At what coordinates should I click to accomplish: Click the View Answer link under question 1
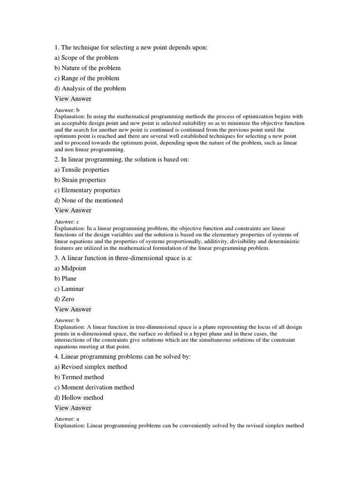[73, 99]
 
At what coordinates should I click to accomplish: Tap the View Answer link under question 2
[73, 210]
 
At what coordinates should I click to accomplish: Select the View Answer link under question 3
[73, 309]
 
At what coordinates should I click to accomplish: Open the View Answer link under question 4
[73, 408]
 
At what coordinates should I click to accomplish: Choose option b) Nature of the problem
[87, 68]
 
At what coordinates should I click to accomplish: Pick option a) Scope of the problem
[86, 58]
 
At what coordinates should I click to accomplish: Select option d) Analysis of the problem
[90, 89]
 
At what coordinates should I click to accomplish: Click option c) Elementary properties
[87, 190]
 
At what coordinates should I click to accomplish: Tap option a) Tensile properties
[82, 170]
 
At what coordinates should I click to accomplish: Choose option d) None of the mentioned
[89, 201]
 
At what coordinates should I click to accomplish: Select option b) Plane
[66, 278]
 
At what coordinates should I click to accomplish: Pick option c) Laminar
[69, 289]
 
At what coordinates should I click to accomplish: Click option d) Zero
[64, 299]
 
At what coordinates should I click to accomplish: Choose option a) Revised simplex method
[91, 367]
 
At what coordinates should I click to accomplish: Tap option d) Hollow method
[79, 397]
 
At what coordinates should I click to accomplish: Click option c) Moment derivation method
[94, 387]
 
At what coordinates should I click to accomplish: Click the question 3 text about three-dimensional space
[123, 258]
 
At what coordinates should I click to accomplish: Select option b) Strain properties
[80, 180]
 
